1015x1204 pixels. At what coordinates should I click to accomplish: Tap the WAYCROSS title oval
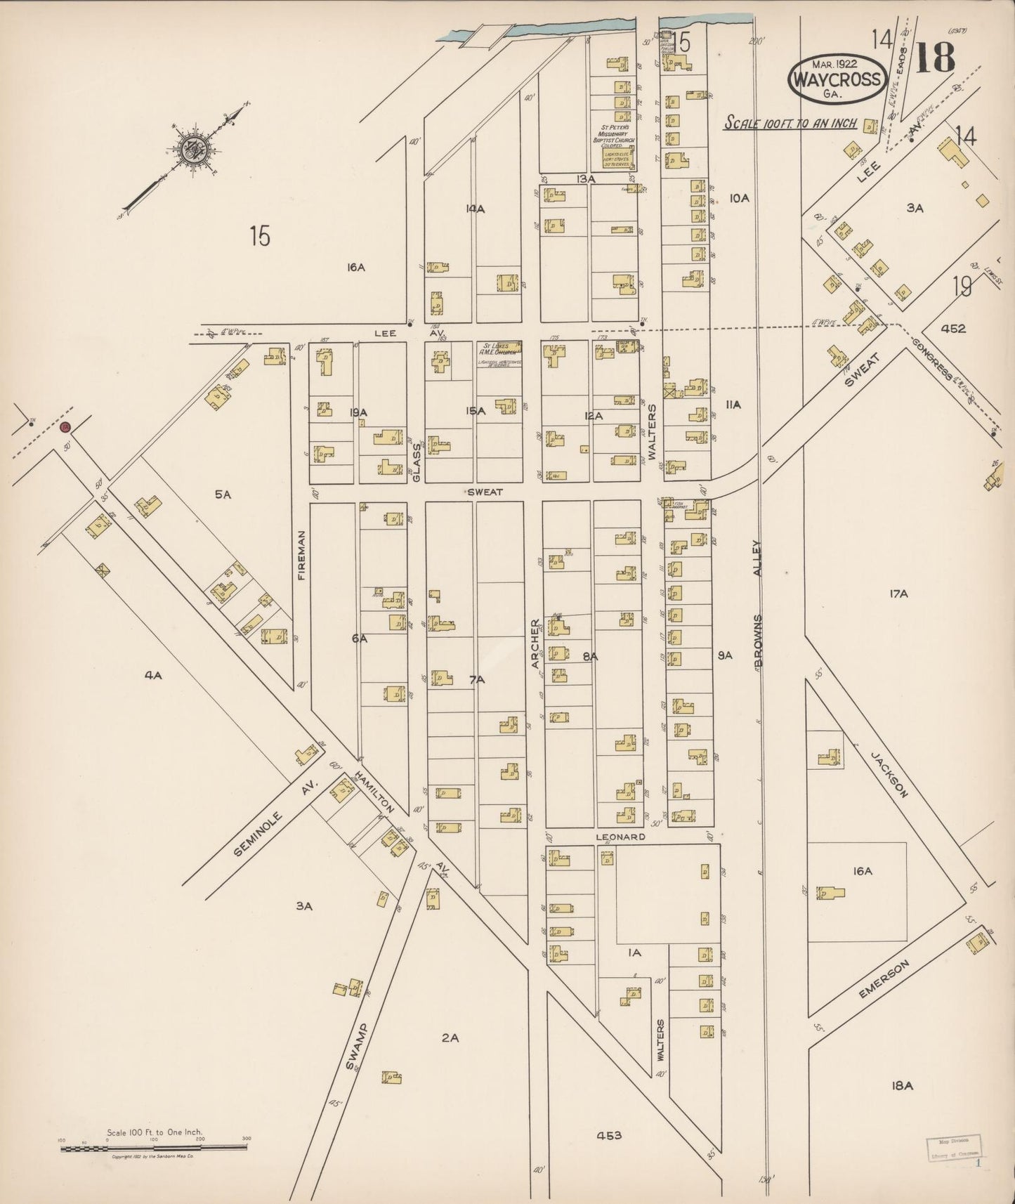pyautogui.click(x=836, y=79)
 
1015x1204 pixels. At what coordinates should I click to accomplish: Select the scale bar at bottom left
pyautogui.click(x=153, y=1148)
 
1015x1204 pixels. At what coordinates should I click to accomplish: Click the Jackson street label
pyautogui.click(x=890, y=774)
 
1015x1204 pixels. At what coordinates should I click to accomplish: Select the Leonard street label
pyautogui.click(x=620, y=837)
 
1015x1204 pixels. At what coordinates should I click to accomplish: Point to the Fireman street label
pyautogui.click(x=302, y=554)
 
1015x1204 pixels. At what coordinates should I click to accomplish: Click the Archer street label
pyautogui.click(x=535, y=643)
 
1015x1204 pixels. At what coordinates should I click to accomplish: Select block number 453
pyautogui.click(x=608, y=1135)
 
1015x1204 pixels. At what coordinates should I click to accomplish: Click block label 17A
pyautogui.click(x=898, y=594)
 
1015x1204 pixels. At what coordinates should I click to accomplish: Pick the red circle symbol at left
pyautogui.click(x=65, y=426)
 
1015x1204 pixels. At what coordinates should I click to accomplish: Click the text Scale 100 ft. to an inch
pyautogui.click(x=791, y=123)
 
